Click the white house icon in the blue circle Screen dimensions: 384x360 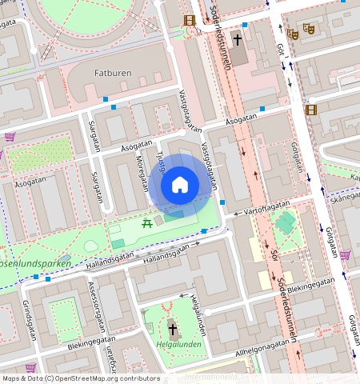coord(180,186)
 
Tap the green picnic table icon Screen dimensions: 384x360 coord(147,224)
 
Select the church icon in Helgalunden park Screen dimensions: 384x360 coord(172,329)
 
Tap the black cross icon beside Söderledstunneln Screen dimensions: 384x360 coord(238,39)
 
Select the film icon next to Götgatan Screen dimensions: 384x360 coord(310,110)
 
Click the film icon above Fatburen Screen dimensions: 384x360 coord(189,20)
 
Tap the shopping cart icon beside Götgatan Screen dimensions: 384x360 coord(345,255)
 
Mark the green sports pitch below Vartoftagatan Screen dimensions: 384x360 coord(286,223)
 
